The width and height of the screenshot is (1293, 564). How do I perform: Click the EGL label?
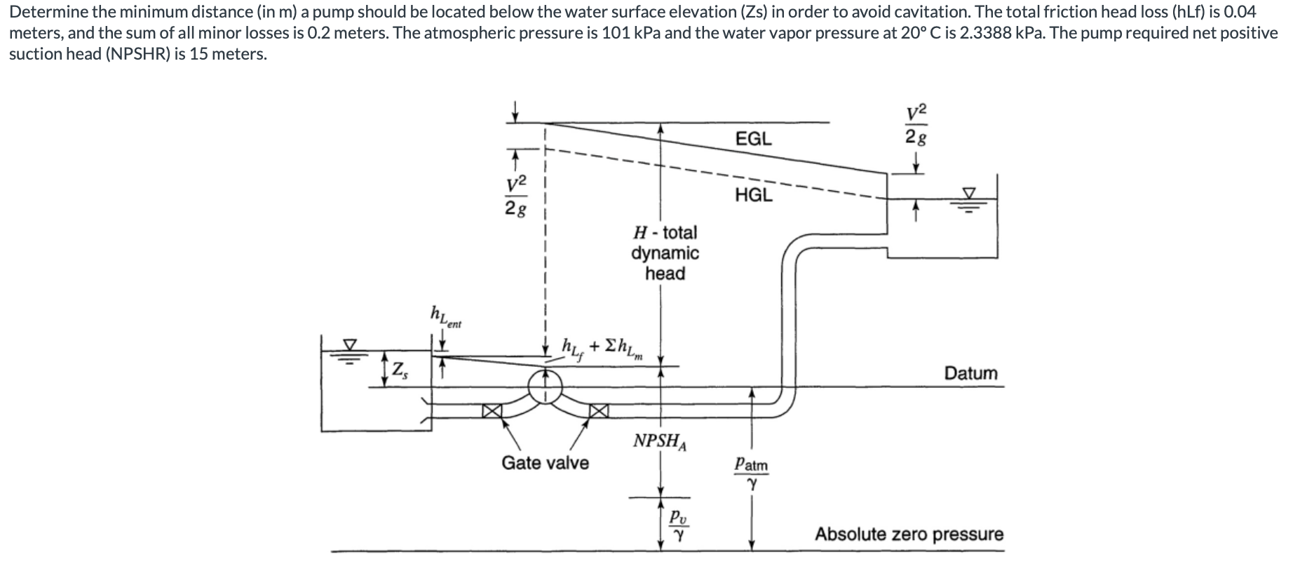[x=753, y=139]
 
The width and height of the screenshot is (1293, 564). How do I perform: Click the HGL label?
[x=753, y=195]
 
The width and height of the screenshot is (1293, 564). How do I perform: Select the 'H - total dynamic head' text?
[x=665, y=253]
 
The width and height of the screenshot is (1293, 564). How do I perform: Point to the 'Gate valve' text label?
[x=545, y=463]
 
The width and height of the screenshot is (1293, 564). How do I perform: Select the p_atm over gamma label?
[x=751, y=474]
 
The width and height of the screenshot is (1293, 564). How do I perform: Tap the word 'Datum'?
[x=970, y=373]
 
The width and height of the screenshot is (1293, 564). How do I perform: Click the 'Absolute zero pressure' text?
[x=909, y=535]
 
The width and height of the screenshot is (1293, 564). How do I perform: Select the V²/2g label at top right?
[x=916, y=125]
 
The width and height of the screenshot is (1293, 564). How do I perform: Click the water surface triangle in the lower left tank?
[x=348, y=344]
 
